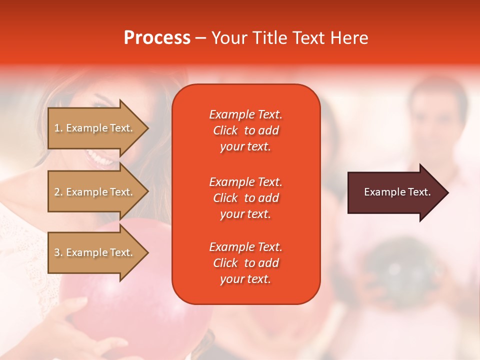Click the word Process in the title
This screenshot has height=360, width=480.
[157, 38]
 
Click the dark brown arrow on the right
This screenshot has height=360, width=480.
[395, 192]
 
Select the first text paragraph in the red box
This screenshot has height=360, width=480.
[245, 130]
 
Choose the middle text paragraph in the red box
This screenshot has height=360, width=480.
[245, 198]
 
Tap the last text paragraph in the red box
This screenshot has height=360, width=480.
[245, 263]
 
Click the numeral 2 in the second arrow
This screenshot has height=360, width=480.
[57, 192]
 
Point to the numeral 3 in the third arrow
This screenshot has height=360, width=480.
[57, 252]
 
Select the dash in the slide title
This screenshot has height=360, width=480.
[200, 38]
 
